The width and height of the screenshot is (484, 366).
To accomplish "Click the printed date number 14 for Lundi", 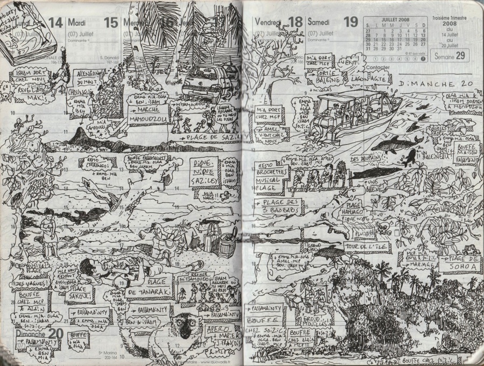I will click(x=55, y=22).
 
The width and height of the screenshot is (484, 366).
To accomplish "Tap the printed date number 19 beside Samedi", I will click(x=350, y=22).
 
